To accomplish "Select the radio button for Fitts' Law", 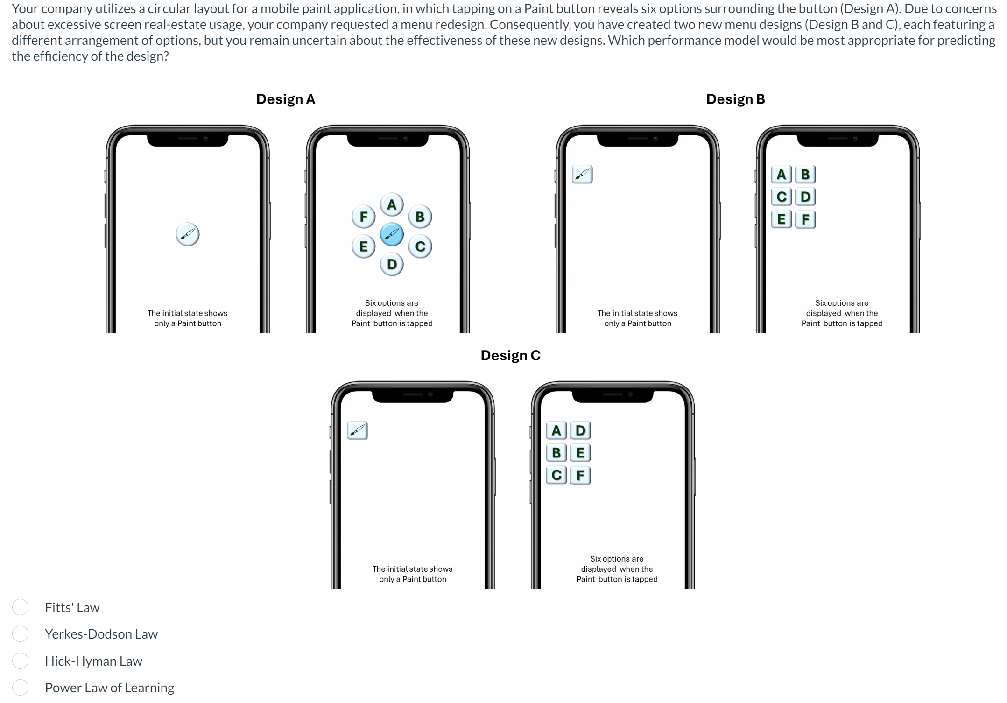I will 21,607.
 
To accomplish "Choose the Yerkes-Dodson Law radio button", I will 21,633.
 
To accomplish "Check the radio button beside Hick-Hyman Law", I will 21,661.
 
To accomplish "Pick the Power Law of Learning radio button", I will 21,687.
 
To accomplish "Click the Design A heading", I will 285,99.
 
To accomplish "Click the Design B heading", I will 735,99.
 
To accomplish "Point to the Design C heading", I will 510,355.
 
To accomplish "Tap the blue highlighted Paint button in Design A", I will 392,234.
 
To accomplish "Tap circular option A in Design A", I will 392,204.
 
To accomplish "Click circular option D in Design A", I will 392,264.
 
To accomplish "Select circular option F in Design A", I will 363,217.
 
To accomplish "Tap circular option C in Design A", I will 420,246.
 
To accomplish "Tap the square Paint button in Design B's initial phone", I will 582,174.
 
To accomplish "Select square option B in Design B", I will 805,174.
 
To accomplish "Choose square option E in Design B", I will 781,219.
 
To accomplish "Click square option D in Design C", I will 580,430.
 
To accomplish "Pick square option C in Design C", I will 556,475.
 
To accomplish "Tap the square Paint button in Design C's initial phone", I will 357,430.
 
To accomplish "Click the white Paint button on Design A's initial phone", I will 188,234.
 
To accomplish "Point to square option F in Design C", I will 580,475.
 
